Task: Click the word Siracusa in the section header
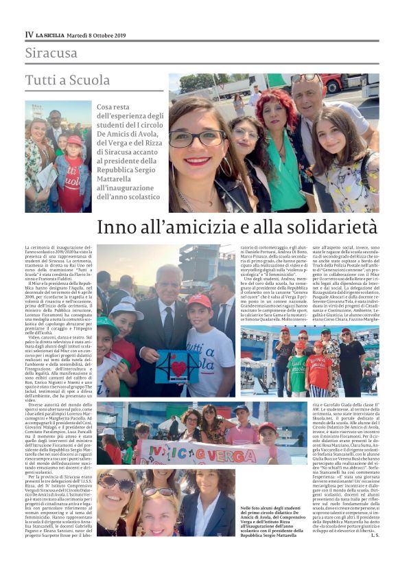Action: [x=51, y=53]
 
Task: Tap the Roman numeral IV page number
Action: [x=29, y=34]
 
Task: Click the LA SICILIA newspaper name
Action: [x=53, y=34]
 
